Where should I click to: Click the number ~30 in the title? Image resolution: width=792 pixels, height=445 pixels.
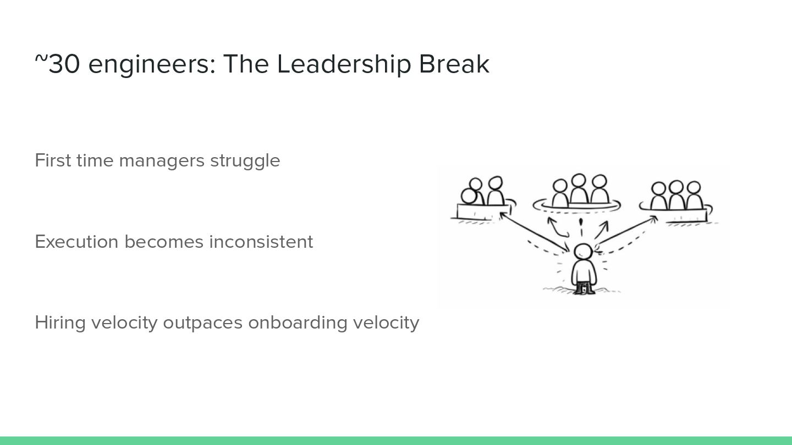tap(58, 64)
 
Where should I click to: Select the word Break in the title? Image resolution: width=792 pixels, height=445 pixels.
tap(454, 64)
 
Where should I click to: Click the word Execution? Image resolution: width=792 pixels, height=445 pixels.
tap(76, 242)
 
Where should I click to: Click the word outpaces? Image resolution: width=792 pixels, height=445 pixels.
tap(203, 322)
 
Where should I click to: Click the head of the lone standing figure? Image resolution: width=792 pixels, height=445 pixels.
tap(582, 252)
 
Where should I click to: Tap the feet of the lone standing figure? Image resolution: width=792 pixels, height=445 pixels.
tap(584, 289)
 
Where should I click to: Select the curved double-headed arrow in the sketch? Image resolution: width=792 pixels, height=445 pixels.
tap(557, 227)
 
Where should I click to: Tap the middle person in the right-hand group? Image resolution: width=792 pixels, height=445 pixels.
tap(676, 194)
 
